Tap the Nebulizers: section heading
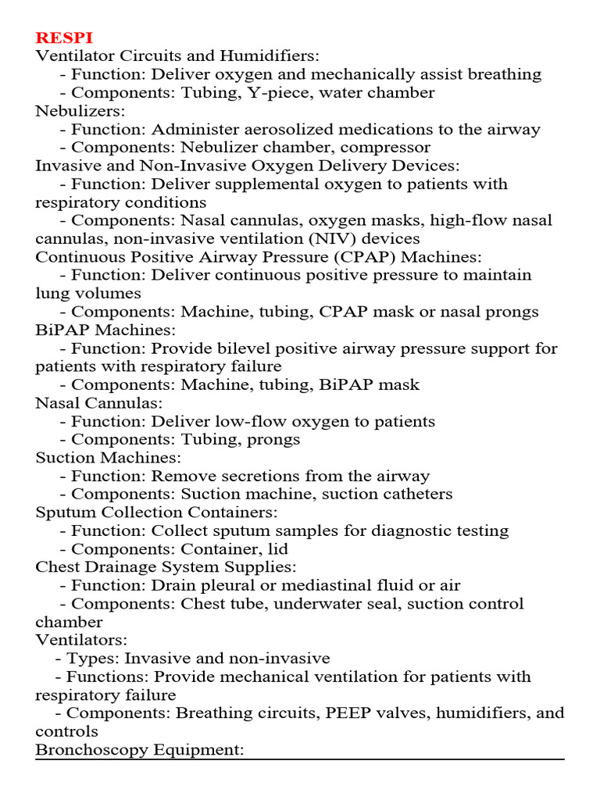point(80,111)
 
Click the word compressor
point(388,147)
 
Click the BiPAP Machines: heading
point(105,330)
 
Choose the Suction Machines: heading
point(108,457)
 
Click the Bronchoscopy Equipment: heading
point(140,749)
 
